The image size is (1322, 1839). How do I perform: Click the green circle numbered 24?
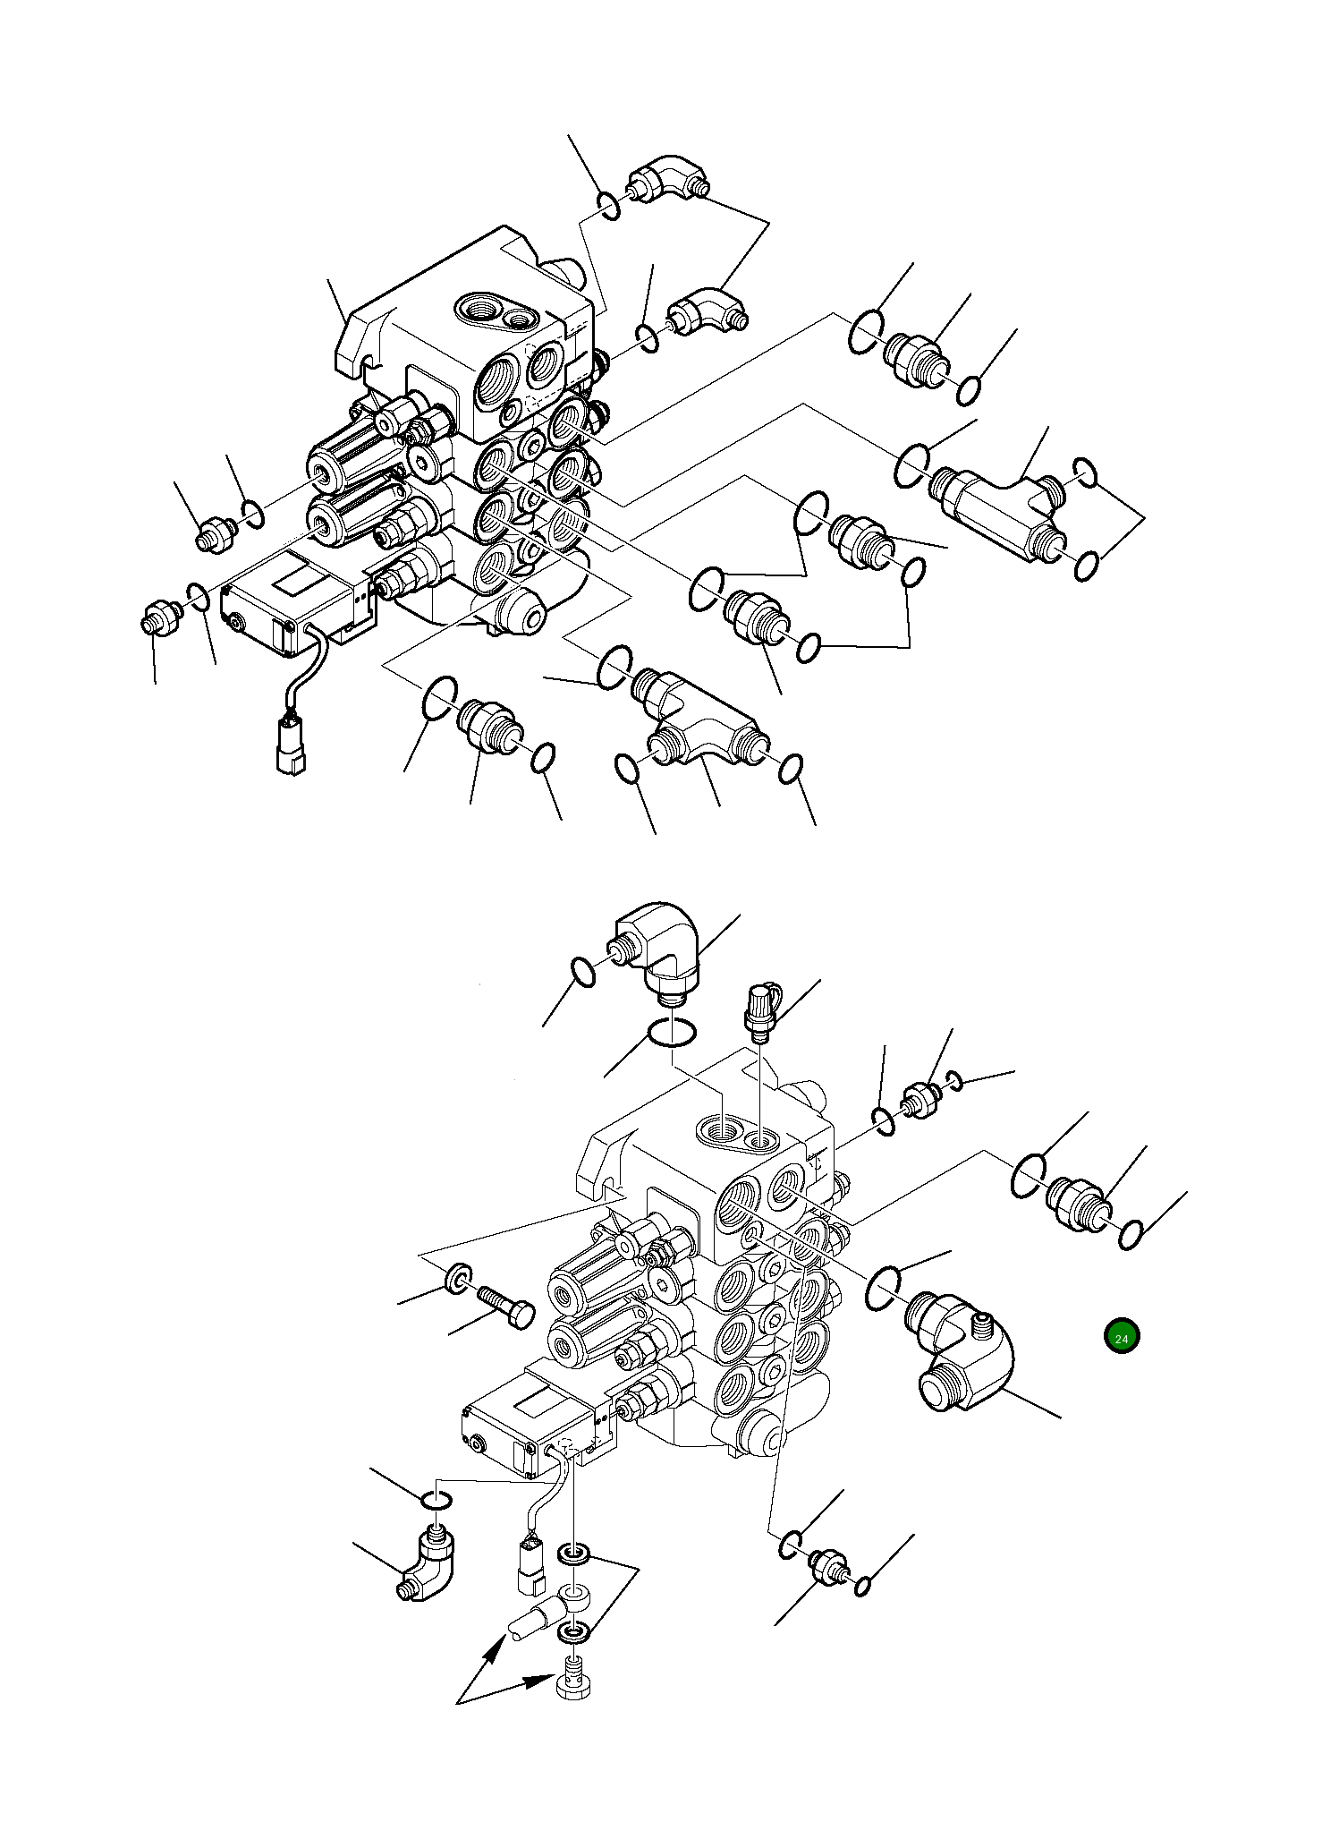pyautogui.click(x=1122, y=1337)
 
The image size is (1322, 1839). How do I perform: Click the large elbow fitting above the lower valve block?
pyautogui.click(x=658, y=949)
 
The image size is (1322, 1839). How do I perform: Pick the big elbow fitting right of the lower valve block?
pyautogui.click(x=962, y=1358)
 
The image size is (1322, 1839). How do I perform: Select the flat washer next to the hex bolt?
pyautogui.click(x=457, y=1276)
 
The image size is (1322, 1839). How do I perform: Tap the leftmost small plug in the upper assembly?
pyautogui.click(x=158, y=618)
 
